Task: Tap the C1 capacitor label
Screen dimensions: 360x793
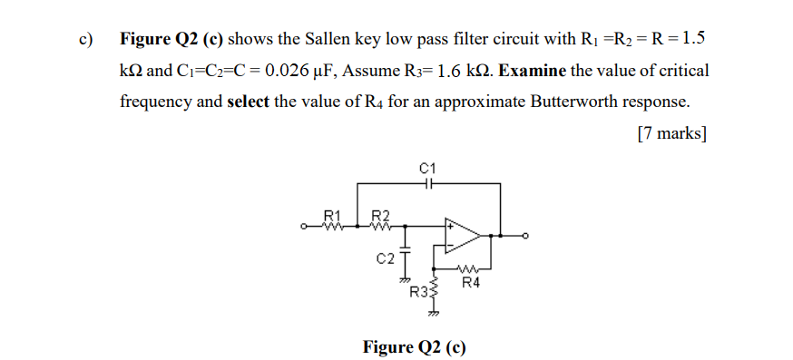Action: pyautogui.click(x=428, y=169)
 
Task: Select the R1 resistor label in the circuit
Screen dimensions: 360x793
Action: pyautogui.click(x=332, y=215)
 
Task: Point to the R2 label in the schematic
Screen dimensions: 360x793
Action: pyautogui.click(x=382, y=215)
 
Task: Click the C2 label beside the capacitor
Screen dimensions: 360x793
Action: pyautogui.click(x=385, y=258)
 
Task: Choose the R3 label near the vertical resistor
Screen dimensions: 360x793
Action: pyautogui.click(x=419, y=292)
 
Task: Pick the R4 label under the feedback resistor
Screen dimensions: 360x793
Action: pyautogui.click(x=470, y=284)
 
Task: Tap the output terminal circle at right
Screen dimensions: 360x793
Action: pyautogui.click(x=524, y=236)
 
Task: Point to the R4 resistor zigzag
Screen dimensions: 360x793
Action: pyautogui.click(x=470, y=269)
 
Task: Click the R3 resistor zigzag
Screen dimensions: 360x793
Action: pyautogui.click(x=434, y=290)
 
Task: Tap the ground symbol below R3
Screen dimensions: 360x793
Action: pyautogui.click(x=434, y=311)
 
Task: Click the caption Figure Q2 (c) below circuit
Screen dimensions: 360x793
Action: pyautogui.click(x=414, y=346)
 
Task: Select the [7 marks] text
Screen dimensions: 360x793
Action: pyautogui.click(x=671, y=133)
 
